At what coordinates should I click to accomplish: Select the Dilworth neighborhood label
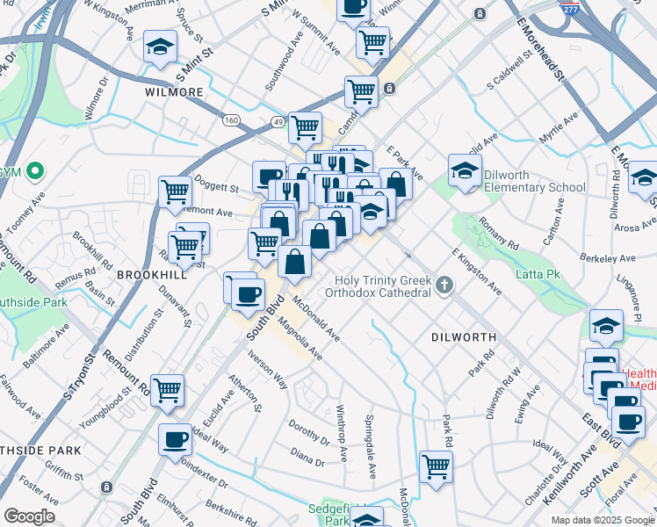pos(464,337)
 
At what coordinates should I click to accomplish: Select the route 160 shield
pos(231,120)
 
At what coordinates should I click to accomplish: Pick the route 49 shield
pos(278,121)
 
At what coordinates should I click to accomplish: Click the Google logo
pos(29,516)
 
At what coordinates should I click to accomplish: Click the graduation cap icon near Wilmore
pos(161,47)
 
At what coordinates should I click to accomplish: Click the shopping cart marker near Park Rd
pos(436,467)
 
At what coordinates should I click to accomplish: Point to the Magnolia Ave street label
pos(299,340)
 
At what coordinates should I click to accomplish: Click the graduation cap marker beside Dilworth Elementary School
pos(465,170)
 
